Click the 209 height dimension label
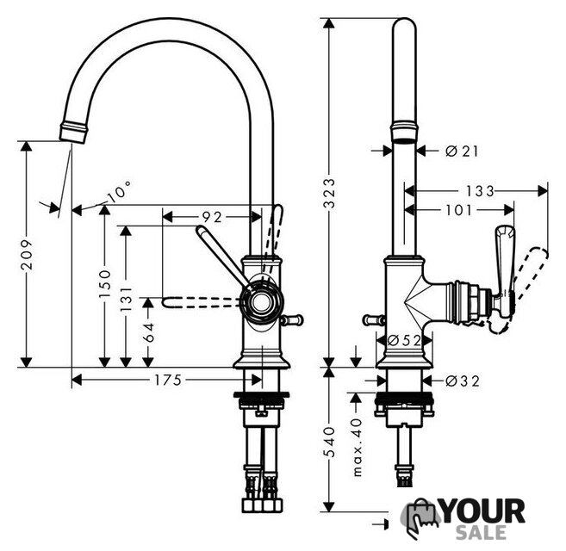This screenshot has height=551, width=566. pyautogui.click(x=27, y=254)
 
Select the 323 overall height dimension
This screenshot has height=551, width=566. pyautogui.click(x=329, y=193)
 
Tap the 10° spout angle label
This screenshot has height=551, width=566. pyautogui.click(x=119, y=192)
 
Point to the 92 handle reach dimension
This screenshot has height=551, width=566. pyautogui.click(x=212, y=217)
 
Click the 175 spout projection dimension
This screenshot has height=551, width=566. pyautogui.click(x=168, y=380)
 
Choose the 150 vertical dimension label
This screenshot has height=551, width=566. pyautogui.click(x=105, y=283)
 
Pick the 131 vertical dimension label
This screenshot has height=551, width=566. pyautogui.click(x=127, y=300)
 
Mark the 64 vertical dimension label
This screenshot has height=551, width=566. pyautogui.click(x=148, y=332)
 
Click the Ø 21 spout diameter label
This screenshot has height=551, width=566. pyautogui.click(x=462, y=152)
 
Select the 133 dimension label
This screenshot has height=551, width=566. pyautogui.click(x=479, y=191)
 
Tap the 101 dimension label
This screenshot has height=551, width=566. pyautogui.click(x=459, y=210)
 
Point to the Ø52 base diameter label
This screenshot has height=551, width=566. pyautogui.click(x=404, y=340)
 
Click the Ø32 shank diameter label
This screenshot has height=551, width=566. pyautogui.click(x=463, y=381)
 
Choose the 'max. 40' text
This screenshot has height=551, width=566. pyautogui.click(x=357, y=446)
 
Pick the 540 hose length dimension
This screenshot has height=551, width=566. pyautogui.click(x=329, y=442)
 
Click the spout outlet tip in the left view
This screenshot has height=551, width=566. pyautogui.click(x=73, y=133)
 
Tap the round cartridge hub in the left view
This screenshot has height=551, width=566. pyautogui.click(x=261, y=302)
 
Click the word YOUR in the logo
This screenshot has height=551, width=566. pyautogui.click(x=483, y=511)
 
